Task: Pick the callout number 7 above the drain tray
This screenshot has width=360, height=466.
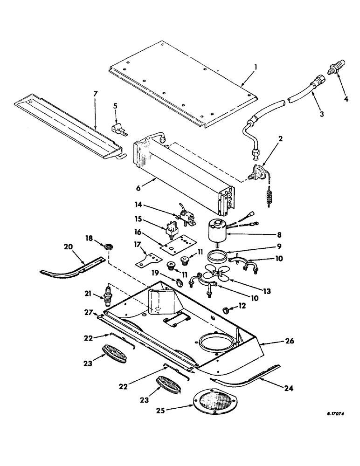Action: pyautogui.click(x=95, y=94)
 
